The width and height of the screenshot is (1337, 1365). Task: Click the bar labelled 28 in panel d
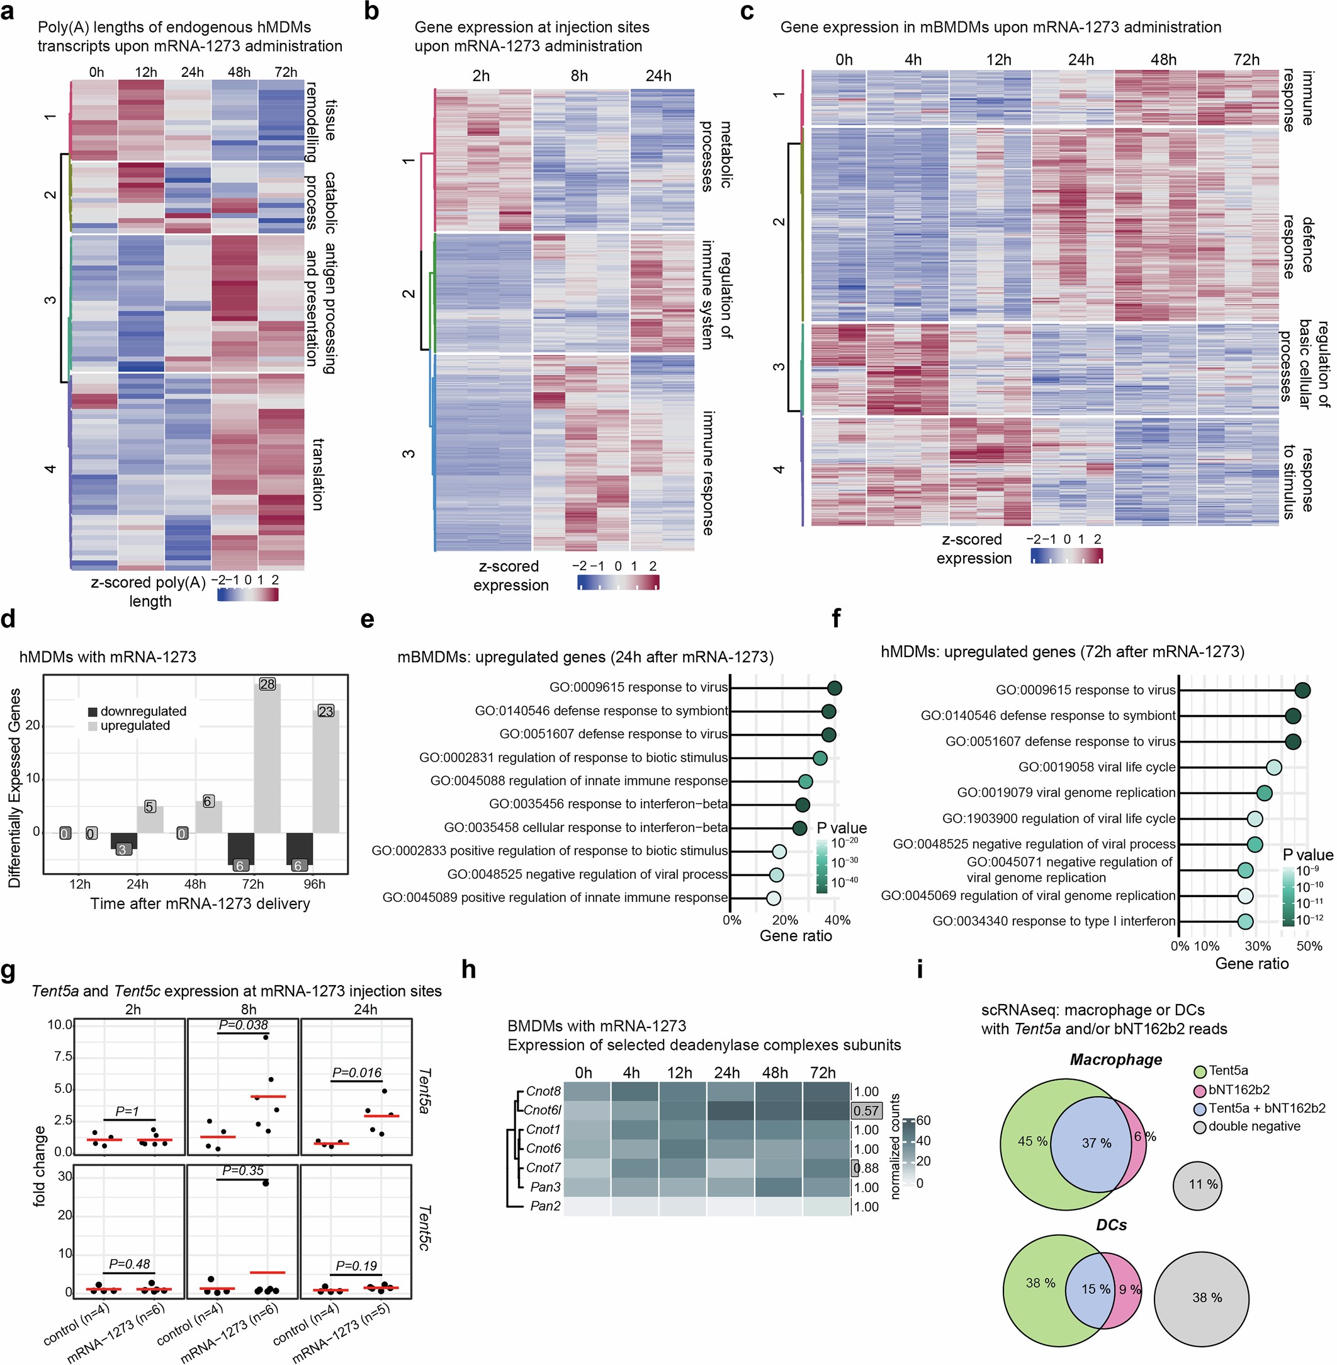267,759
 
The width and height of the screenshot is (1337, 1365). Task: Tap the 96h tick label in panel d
314,884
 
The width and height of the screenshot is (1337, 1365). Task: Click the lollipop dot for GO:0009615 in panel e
834,688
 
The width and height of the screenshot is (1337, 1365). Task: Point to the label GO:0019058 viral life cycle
1097,767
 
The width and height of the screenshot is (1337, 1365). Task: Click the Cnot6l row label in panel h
543,1110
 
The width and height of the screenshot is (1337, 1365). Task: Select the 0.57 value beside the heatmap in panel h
867,1111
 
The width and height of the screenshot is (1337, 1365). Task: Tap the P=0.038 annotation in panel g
243,1025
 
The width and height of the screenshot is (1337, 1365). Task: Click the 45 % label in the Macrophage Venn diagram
1032,1141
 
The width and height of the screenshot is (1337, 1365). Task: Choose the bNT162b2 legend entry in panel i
1239,1090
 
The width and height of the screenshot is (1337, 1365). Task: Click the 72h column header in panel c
1246,60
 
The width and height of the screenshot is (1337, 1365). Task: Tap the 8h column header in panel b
579,76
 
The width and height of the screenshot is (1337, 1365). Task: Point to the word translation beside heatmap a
318,474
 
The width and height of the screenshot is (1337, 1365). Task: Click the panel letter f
836,619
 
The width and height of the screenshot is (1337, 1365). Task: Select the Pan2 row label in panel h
545,1206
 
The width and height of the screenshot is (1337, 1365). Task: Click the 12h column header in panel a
146,72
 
